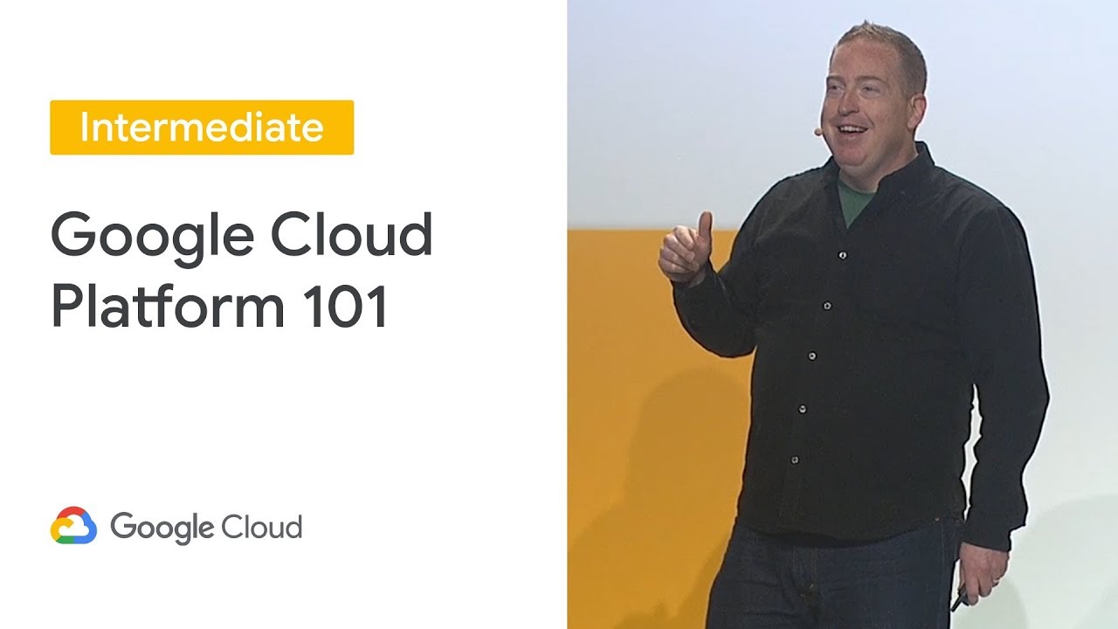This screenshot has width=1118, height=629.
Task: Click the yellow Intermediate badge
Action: click(202, 128)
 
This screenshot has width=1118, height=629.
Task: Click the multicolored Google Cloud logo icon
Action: click(73, 526)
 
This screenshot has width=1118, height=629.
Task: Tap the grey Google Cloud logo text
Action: click(206, 527)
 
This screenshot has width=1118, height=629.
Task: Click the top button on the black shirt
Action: click(843, 255)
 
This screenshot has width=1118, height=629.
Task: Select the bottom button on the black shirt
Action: click(794, 460)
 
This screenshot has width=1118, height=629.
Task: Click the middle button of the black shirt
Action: click(812, 356)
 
